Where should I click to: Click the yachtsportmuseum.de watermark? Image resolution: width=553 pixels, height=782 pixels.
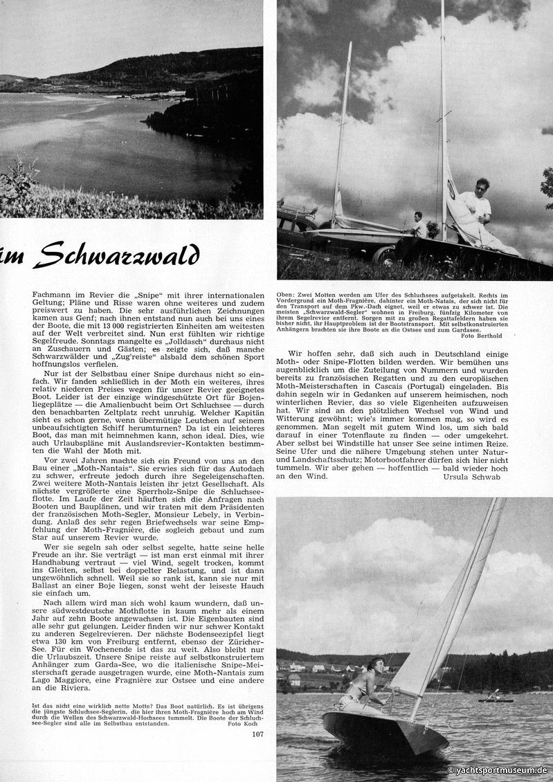click(498, 770)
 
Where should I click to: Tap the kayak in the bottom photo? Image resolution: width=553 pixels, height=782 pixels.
click(496, 698)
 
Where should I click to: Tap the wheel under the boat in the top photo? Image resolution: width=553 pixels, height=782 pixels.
click(383, 255)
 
